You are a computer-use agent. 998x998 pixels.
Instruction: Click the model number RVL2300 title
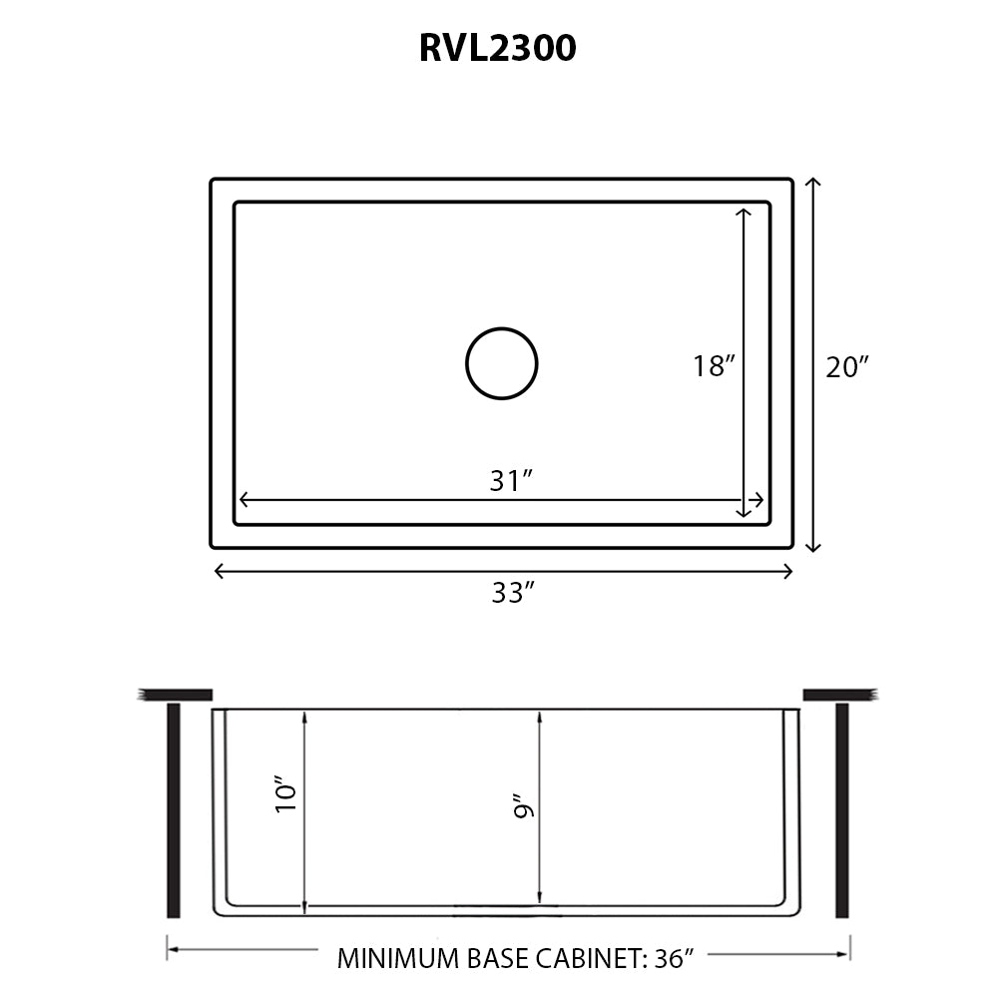(x=497, y=48)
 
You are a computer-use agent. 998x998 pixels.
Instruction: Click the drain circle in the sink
(x=502, y=363)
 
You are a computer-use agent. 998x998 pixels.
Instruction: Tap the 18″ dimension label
(x=714, y=366)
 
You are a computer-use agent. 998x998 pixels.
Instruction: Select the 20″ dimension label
(x=848, y=367)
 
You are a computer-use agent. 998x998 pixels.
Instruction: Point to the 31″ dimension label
(x=509, y=481)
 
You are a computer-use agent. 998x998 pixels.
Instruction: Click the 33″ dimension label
(x=513, y=593)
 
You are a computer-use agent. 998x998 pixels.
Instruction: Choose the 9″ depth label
(x=521, y=806)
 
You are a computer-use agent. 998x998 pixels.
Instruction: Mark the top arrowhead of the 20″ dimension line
(x=813, y=183)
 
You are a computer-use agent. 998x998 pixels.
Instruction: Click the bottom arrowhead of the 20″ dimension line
(x=813, y=546)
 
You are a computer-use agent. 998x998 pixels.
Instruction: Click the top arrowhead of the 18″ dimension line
(x=743, y=213)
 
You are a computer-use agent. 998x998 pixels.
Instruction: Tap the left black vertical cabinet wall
(x=174, y=809)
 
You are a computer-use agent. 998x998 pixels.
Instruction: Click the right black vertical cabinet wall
(x=841, y=809)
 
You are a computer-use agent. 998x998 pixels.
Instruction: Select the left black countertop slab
(x=176, y=694)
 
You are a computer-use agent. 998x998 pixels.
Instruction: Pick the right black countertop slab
(x=838, y=694)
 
